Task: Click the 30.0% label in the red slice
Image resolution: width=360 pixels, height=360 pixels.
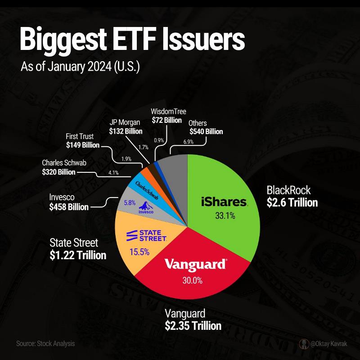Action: pyautogui.click(x=193, y=281)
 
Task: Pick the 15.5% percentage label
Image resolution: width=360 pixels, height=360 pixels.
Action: pyautogui.click(x=139, y=252)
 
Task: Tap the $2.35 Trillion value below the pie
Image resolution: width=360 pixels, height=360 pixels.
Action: pyautogui.click(x=193, y=325)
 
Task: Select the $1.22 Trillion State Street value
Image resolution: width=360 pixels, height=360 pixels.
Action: pyautogui.click(x=78, y=255)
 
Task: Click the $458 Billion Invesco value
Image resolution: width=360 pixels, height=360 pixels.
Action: pyautogui.click(x=69, y=207)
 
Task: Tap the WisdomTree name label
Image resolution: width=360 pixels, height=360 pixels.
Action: pyautogui.click(x=168, y=112)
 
